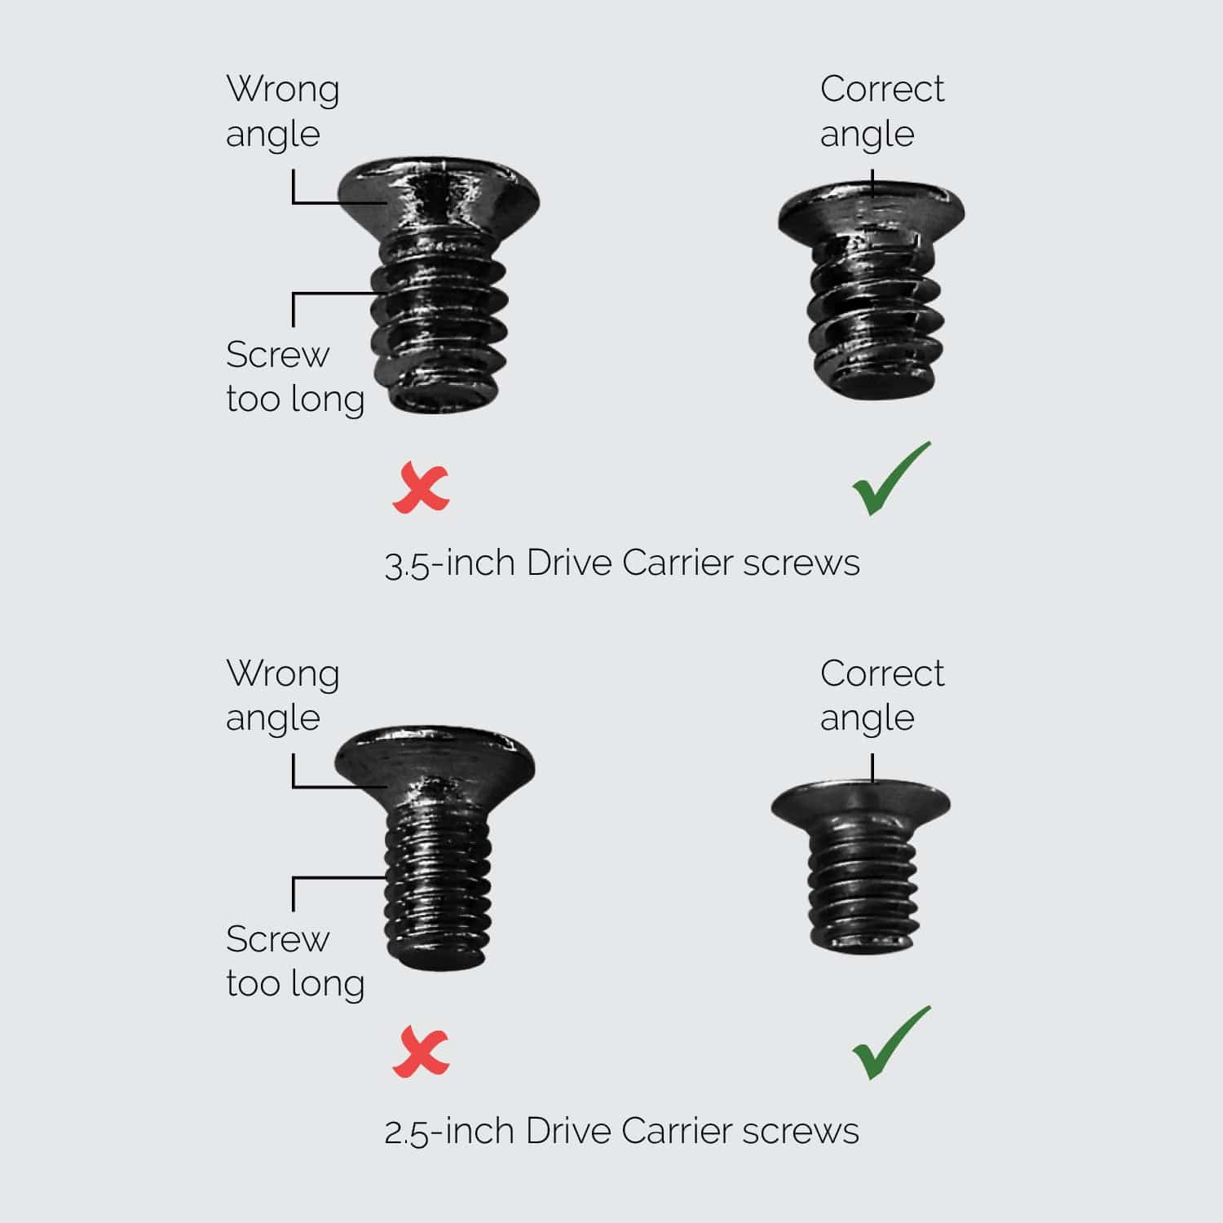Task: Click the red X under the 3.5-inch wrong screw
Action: coord(421,488)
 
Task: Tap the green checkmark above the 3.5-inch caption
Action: coord(890,479)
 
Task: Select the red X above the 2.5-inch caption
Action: coord(421,1053)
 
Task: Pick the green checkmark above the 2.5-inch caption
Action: coord(890,1044)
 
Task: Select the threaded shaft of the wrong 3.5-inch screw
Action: coord(439,322)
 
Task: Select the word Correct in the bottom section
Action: coord(882,673)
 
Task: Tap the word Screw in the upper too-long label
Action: coord(277,355)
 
